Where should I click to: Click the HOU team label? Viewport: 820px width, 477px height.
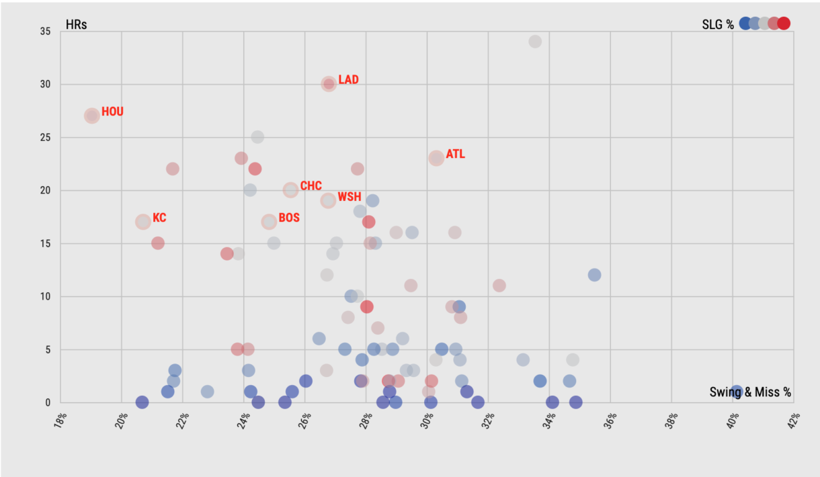point(112,112)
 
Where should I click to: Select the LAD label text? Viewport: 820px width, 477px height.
point(348,80)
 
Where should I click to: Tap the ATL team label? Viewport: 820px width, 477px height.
point(455,155)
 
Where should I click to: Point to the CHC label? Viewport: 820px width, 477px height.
point(311,186)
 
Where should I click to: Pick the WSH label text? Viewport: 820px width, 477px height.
point(349,197)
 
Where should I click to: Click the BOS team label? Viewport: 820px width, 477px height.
point(289,218)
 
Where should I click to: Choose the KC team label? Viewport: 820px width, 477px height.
point(159,218)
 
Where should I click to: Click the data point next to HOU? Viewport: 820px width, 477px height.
point(92,116)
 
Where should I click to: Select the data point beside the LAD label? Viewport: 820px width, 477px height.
point(329,84)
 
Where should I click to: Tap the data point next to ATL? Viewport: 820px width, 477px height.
point(436,159)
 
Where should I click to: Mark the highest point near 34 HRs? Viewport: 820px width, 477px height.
point(535,42)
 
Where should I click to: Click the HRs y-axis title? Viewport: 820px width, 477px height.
point(76,25)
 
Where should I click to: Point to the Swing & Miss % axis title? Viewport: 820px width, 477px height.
point(750,392)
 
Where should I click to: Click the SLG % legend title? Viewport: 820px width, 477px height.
point(718,25)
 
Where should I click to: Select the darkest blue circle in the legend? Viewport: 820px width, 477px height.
point(745,24)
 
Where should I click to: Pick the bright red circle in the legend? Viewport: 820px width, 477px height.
point(784,24)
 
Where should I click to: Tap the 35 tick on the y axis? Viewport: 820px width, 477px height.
point(46,32)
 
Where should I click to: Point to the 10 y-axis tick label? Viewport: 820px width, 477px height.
point(46,296)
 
